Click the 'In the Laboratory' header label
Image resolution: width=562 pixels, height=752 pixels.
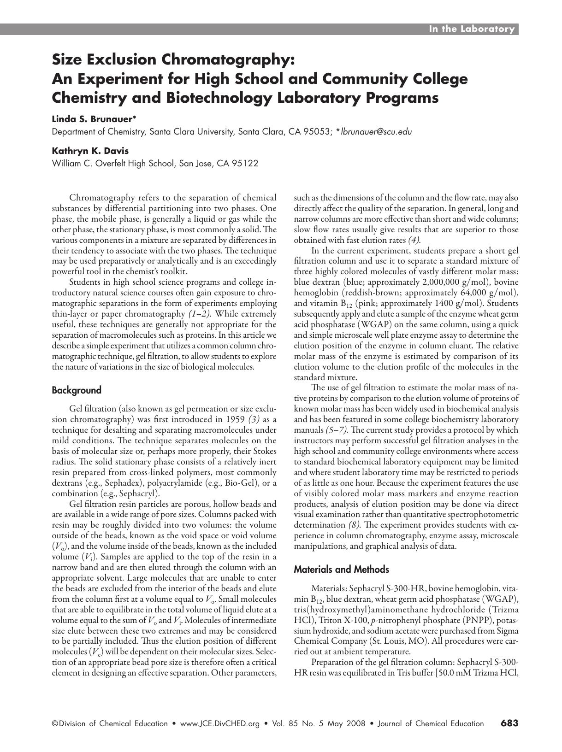click(x=471, y=29)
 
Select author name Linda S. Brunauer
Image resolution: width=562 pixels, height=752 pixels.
click(x=94, y=119)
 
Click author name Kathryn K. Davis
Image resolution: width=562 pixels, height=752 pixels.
click(x=90, y=151)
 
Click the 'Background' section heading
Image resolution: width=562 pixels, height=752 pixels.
click(x=76, y=390)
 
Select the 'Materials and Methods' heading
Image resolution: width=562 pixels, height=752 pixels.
click(x=341, y=570)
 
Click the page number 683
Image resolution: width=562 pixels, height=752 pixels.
click(x=509, y=723)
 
